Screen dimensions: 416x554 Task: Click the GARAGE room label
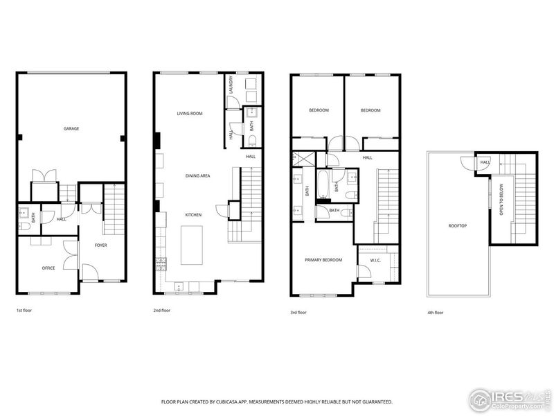71,129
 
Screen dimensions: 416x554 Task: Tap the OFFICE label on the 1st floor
48,268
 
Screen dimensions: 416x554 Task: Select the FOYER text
100,245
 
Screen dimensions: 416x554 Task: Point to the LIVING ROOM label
189,113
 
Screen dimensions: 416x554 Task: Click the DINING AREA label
197,175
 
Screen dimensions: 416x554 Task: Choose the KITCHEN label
193,215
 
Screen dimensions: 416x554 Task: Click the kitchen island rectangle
192,245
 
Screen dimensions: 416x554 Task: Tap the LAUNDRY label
231,85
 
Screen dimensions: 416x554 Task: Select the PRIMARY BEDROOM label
324,260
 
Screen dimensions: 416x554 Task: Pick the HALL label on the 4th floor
485,162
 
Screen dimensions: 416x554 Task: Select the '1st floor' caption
24,311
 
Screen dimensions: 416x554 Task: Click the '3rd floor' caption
298,313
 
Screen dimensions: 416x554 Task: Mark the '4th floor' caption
435,313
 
